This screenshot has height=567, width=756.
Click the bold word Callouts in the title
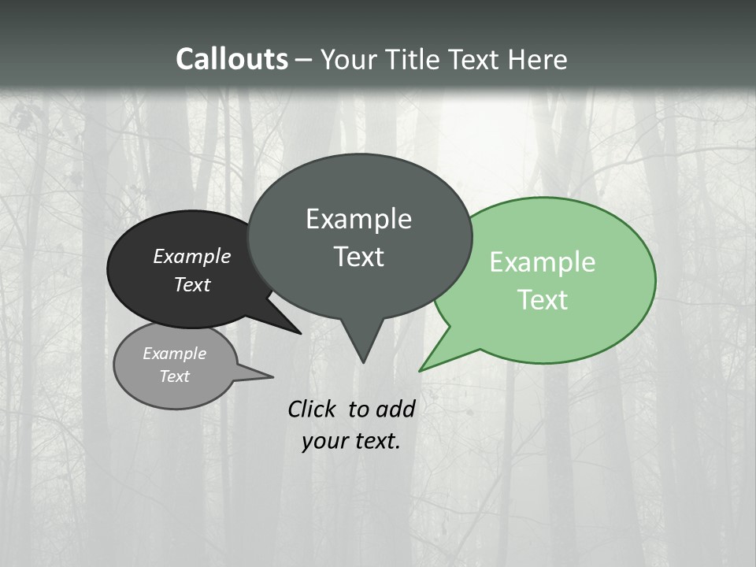click(232, 59)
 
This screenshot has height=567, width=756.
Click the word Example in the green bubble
click(543, 262)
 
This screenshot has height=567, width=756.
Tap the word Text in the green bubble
click(543, 300)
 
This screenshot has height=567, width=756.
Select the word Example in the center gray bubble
click(358, 219)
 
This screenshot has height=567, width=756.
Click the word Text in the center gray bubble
click(358, 257)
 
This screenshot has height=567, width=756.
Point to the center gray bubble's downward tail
click(362, 350)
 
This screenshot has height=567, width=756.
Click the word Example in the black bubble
click(191, 256)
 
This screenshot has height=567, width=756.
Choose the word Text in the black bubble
click(191, 284)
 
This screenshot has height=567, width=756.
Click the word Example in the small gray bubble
click(174, 354)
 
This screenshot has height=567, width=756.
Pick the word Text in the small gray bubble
click(174, 376)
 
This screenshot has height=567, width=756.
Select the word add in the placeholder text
click(395, 409)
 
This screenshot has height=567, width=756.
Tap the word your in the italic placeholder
click(324, 441)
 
